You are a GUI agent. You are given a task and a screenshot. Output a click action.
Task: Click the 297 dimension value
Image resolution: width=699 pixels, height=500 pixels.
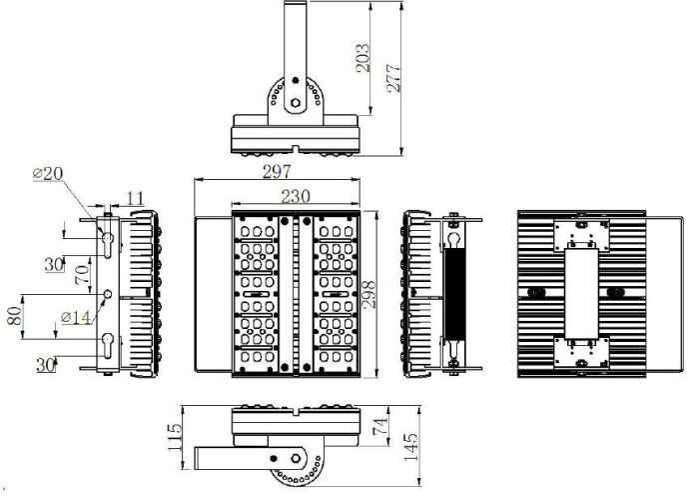point(277,172)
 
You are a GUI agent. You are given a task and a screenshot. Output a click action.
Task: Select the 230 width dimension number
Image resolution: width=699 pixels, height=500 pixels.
point(296,196)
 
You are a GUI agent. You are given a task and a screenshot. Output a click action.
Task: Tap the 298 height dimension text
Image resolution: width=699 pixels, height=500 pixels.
point(368,294)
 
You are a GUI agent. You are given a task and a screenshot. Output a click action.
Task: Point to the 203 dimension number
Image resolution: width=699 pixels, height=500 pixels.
point(362,58)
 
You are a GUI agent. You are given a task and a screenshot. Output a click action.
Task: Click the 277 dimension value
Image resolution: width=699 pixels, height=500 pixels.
point(393,79)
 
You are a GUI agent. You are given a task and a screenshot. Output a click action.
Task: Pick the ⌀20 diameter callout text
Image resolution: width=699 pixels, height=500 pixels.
point(48,173)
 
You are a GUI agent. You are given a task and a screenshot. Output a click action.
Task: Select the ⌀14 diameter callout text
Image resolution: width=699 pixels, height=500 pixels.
point(76,317)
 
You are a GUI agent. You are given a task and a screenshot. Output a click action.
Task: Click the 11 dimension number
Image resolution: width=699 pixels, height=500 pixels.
point(135,199)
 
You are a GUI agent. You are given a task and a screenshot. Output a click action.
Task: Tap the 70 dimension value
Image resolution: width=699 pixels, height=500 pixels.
point(82,275)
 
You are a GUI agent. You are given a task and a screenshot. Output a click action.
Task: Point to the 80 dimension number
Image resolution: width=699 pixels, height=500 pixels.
point(14,316)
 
